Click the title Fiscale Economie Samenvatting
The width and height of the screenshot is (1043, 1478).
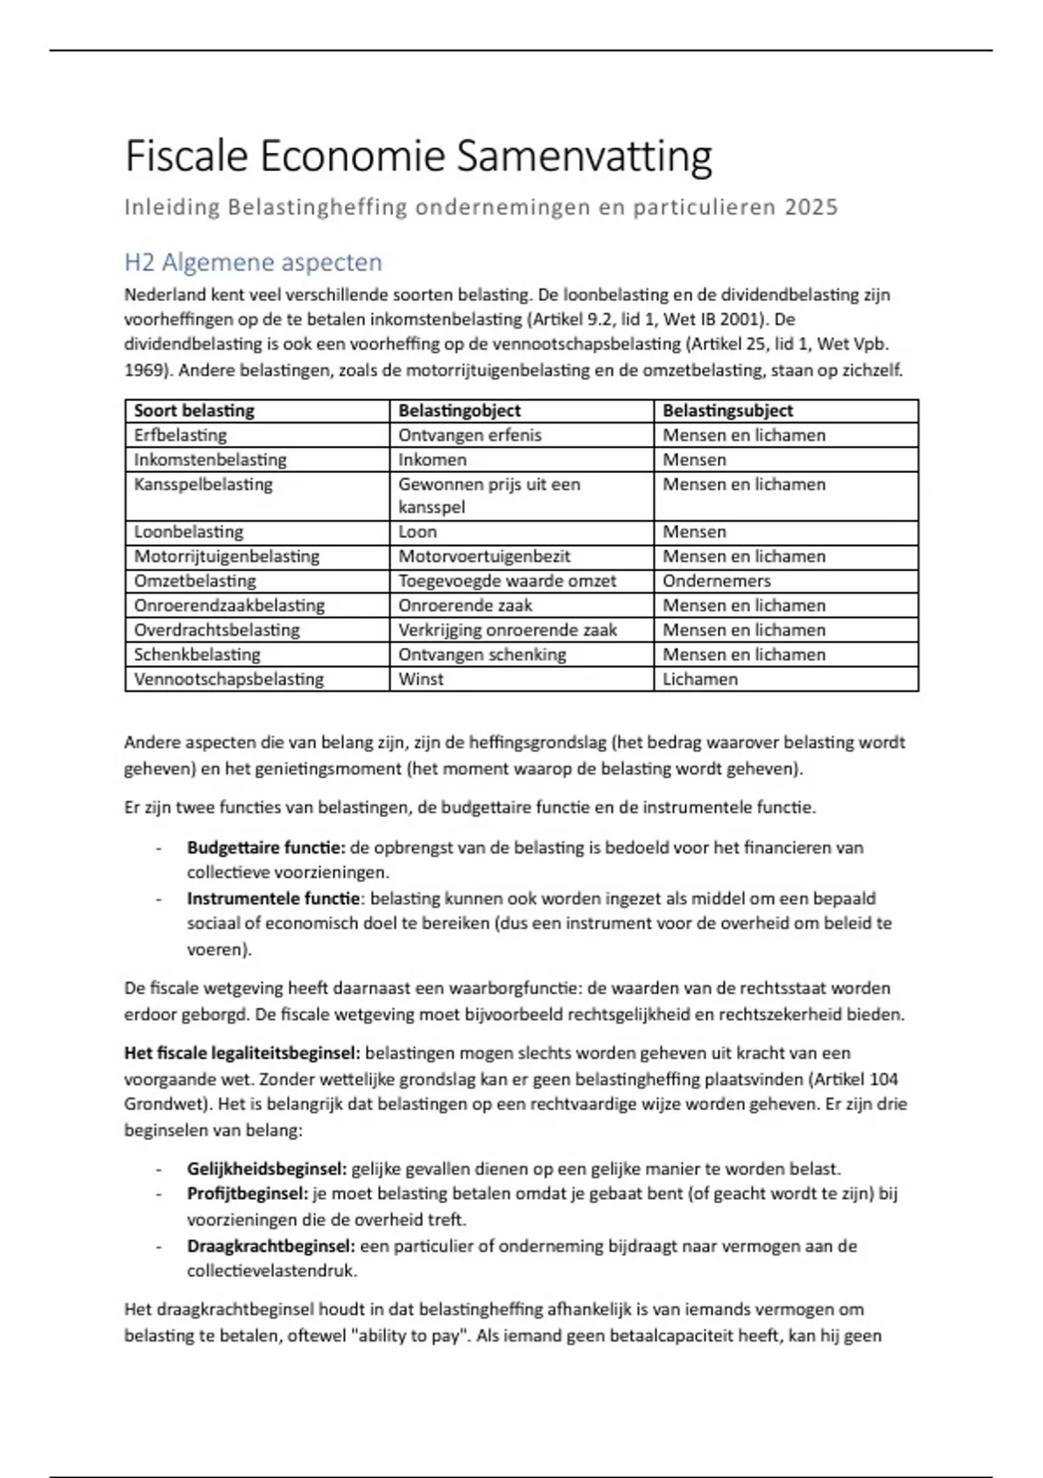click(418, 157)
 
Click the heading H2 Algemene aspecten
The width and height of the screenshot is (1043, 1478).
click(253, 263)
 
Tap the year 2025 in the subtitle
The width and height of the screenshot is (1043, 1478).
click(811, 208)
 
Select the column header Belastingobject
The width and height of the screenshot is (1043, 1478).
click(459, 411)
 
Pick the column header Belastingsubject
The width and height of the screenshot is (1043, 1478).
click(727, 411)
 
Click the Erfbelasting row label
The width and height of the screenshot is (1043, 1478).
click(180, 436)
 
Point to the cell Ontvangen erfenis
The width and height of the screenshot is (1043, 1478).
click(469, 436)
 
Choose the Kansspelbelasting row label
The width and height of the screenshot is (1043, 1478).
click(203, 484)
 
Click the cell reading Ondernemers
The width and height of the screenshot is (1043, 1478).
click(716, 581)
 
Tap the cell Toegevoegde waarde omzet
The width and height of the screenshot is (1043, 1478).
click(507, 581)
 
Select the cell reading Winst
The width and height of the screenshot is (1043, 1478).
click(421, 679)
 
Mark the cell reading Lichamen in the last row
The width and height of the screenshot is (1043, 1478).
click(700, 679)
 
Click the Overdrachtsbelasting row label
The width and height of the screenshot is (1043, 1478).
click(216, 630)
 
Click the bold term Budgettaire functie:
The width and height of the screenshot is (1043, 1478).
click(266, 848)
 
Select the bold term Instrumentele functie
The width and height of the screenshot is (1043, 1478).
click(273, 899)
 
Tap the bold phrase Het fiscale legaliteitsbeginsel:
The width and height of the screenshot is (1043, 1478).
click(242, 1054)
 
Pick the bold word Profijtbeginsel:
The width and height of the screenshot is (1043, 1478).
click(247, 1194)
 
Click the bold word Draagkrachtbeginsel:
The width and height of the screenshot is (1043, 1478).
click(270, 1246)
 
